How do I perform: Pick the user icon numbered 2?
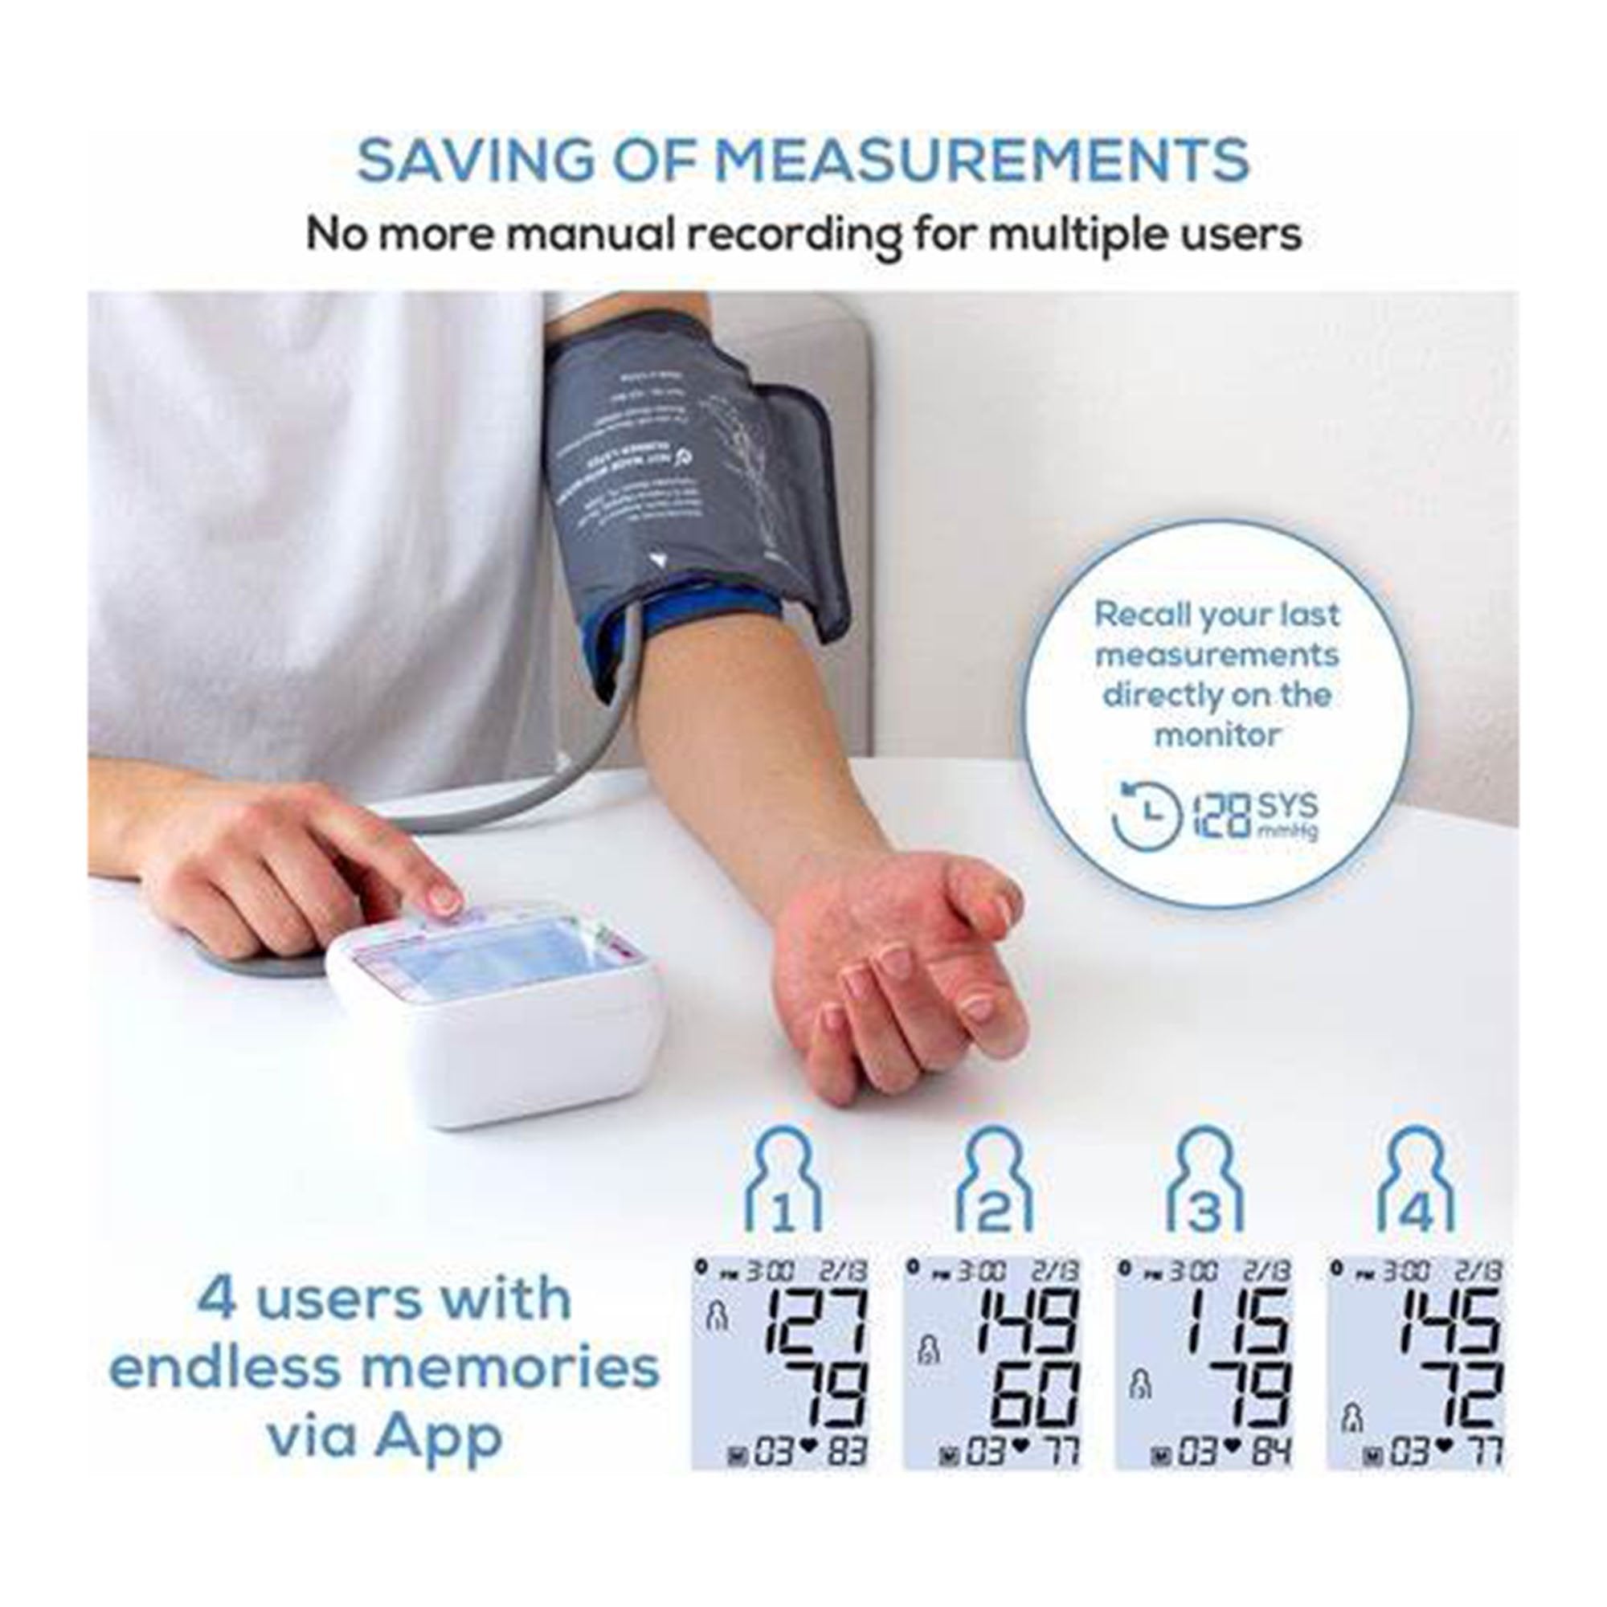[995, 1180]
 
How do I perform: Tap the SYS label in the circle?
[1287, 803]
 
